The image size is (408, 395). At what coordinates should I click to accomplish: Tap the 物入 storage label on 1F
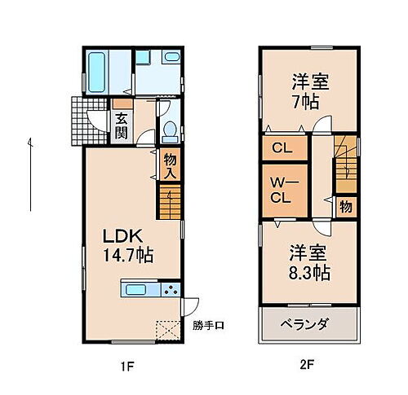tap(170, 167)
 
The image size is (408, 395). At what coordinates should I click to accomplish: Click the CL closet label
tap(282, 149)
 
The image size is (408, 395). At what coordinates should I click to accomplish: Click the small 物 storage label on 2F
tap(345, 207)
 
